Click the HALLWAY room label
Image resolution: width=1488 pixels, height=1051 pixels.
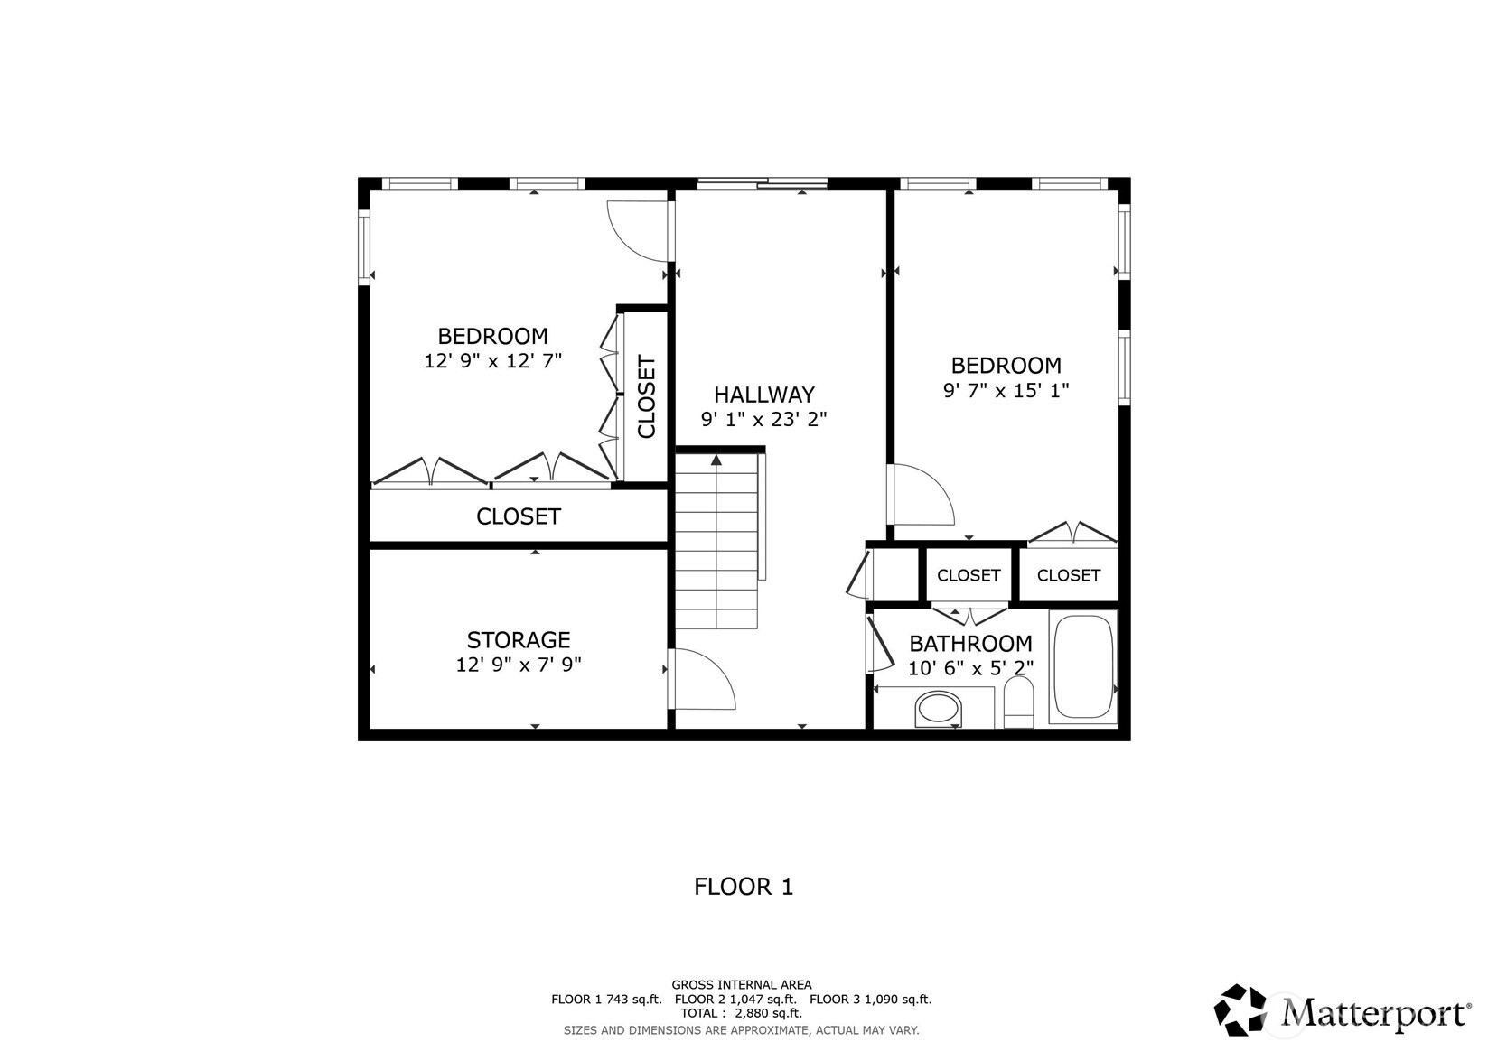[x=763, y=395]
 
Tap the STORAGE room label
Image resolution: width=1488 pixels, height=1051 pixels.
[x=518, y=640]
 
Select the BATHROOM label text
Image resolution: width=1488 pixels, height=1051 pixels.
[x=969, y=644]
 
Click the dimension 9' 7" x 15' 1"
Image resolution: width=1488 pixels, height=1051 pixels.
[x=1006, y=391]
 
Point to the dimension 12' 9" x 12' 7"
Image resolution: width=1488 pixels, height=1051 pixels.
[x=492, y=361]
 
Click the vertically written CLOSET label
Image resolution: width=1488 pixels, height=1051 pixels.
[x=647, y=397]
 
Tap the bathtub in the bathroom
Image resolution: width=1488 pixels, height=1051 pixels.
[x=1082, y=667]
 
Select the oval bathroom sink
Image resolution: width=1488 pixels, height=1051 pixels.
[x=939, y=709]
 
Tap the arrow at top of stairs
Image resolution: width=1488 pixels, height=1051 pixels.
[x=716, y=460]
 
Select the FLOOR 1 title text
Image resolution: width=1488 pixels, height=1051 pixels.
[x=743, y=887]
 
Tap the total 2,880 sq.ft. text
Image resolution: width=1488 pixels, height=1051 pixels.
[x=741, y=1013]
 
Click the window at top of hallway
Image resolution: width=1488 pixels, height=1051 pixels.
[x=762, y=184]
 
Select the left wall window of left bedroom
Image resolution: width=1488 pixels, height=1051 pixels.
[x=364, y=246]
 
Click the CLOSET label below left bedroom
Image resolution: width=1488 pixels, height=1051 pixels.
[x=518, y=516]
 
